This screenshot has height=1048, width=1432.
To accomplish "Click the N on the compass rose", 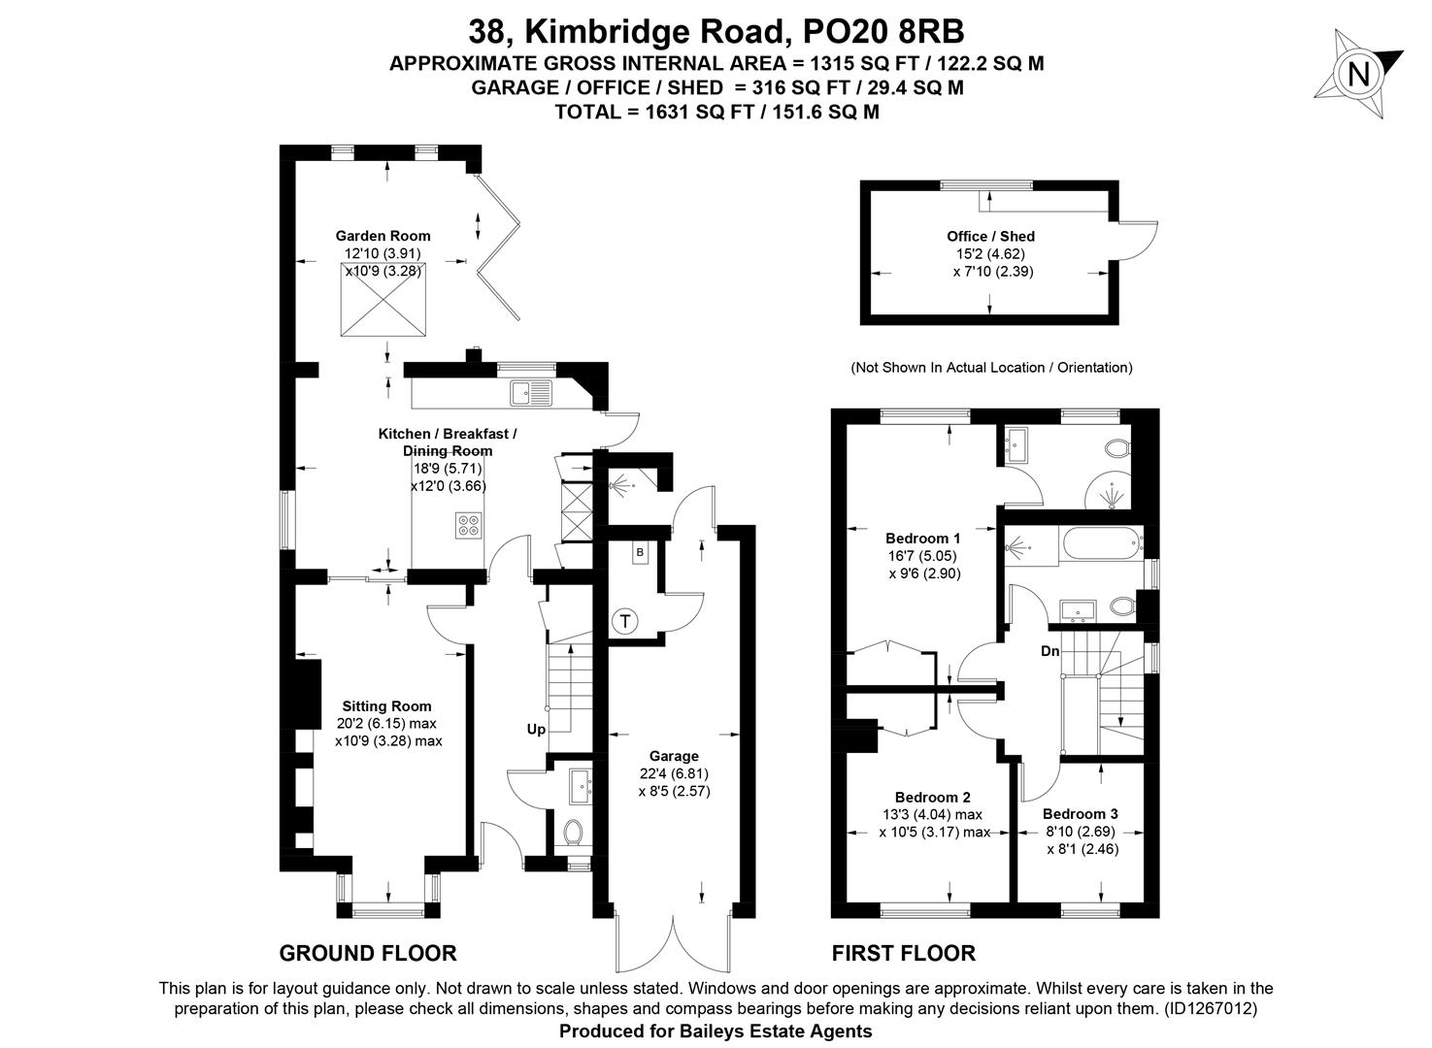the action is coord(1358,74).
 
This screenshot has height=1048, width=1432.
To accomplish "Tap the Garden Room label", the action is coord(383,236).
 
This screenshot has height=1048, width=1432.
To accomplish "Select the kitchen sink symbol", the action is coord(531,392).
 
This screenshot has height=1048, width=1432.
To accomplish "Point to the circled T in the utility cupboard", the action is coord(625,621).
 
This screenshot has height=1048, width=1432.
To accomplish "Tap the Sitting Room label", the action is coord(386,706).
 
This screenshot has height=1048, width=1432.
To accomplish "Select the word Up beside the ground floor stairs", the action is coord(536,729).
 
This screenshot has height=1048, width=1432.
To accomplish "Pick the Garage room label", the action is coord(674,756).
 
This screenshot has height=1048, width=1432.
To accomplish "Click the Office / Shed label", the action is coord(991,237).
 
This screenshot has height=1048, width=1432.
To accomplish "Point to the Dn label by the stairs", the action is coord(1050,651).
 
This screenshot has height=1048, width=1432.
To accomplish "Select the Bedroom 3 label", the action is coord(1081,813).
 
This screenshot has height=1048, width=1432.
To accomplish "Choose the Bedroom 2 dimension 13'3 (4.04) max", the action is coord(932,815).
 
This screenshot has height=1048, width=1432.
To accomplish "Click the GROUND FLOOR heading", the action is coord(368,953).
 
